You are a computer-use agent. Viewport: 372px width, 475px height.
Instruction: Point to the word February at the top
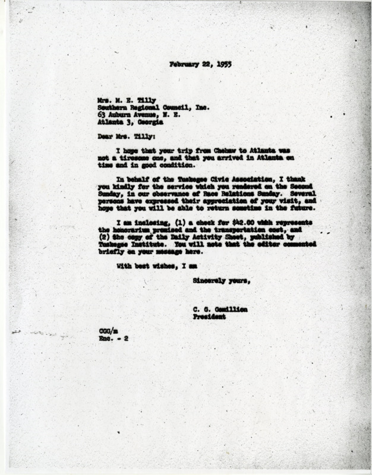click(x=185, y=64)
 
